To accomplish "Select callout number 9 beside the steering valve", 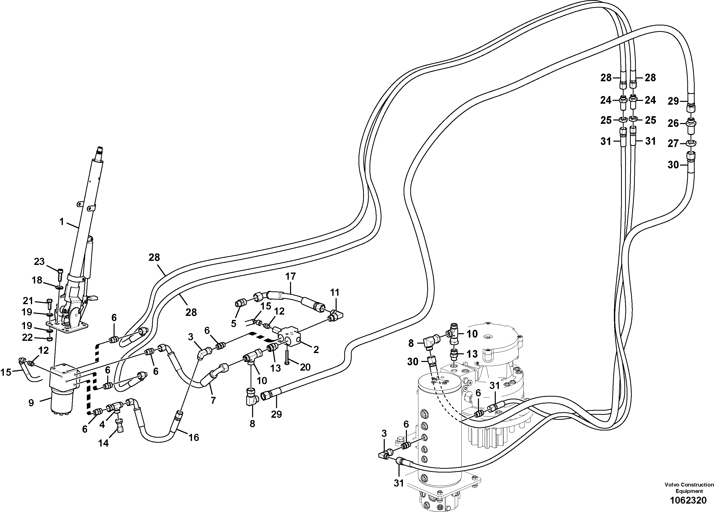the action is click(x=31, y=403).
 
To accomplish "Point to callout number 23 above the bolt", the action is click(x=39, y=262).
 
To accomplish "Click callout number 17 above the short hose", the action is click(x=291, y=276).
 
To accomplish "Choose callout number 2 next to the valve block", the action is click(x=316, y=349).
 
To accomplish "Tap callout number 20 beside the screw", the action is click(x=305, y=367).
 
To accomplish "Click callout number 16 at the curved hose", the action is click(x=194, y=437).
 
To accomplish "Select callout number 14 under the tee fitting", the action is click(x=103, y=443).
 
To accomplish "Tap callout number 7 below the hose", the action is click(x=213, y=400).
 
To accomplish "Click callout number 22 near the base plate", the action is click(x=28, y=338).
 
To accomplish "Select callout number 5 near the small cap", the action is click(x=234, y=324).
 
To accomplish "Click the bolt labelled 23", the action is click(x=60, y=275).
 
